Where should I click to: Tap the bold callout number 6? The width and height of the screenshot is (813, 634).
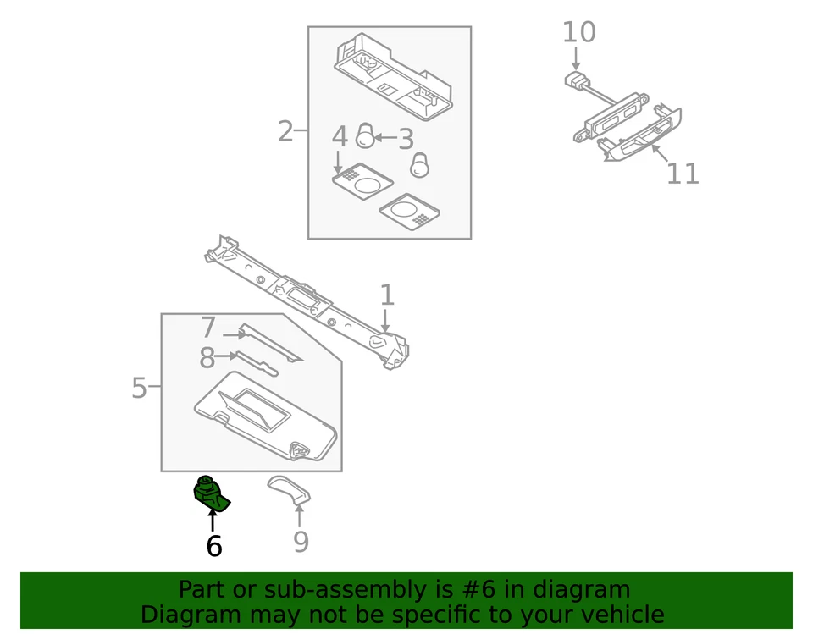pyautogui.click(x=214, y=547)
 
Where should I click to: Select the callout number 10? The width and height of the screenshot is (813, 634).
pyautogui.click(x=579, y=32)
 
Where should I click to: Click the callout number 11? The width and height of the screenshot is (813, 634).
pyautogui.click(x=683, y=174)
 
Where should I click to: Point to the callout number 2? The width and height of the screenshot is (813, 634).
pyautogui.click(x=285, y=131)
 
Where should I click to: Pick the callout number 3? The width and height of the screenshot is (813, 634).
pyautogui.click(x=406, y=139)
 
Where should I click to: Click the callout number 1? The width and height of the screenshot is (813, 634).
pyautogui.click(x=387, y=295)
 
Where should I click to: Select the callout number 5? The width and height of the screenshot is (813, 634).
pyautogui.click(x=140, y=389)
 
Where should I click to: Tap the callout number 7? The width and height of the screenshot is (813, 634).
pyautogui.click(x=209, y=328)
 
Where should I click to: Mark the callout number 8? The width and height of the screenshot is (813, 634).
pyautogui.click(x=207, y=359)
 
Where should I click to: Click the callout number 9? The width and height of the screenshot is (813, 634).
pyautogui.click(x=301, y=542)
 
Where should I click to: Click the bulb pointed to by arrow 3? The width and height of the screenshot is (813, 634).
pyautogui.click(x=365, y=135)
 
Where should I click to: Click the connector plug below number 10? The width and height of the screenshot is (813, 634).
pyautogui.click(x=577, y=81)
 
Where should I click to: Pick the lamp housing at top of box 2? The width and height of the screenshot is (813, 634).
pyautogui.click(x=390, y=72)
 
